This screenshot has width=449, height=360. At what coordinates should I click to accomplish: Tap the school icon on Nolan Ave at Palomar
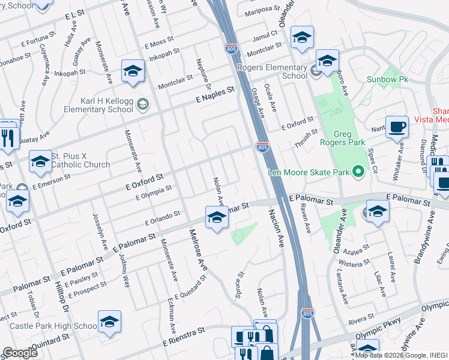tap(217, 218)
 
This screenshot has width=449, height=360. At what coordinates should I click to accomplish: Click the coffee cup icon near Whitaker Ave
tap(397, 127)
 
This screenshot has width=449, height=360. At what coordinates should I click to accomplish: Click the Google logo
tap(20, 353)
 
